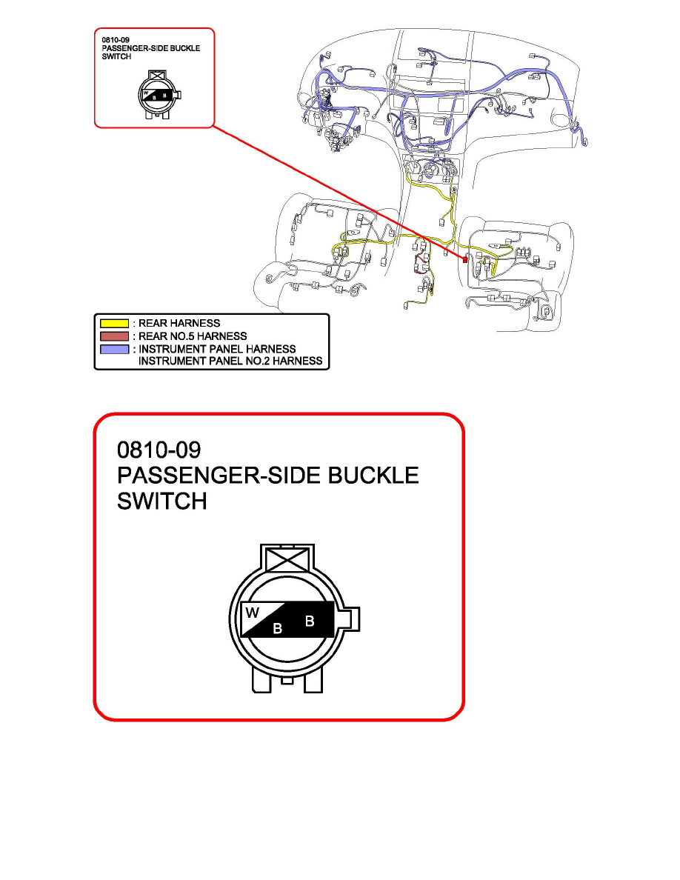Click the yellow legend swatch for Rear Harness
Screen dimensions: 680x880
(115, 323)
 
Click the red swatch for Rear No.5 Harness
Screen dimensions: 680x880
(115, 336)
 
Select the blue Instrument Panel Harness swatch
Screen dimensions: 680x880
(115, 349)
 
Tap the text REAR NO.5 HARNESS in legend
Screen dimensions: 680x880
(193, 336)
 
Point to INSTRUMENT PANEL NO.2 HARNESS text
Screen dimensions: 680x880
(230, 361)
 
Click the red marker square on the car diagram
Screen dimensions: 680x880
(464, 259)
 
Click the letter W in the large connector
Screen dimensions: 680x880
(252, 613)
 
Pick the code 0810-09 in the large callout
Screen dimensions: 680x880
(159, 450)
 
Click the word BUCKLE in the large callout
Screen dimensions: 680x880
(373, 476)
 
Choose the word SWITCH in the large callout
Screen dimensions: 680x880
(161, 501)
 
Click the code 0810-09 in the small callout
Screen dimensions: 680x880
(116, 41)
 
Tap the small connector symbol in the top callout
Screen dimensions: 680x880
(159, 95)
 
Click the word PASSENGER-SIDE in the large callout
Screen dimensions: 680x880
(219, 476)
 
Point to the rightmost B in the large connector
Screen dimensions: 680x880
(310, 621)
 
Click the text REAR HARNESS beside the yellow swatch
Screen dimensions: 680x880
(179, 323)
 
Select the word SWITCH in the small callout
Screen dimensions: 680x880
(117, 57)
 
